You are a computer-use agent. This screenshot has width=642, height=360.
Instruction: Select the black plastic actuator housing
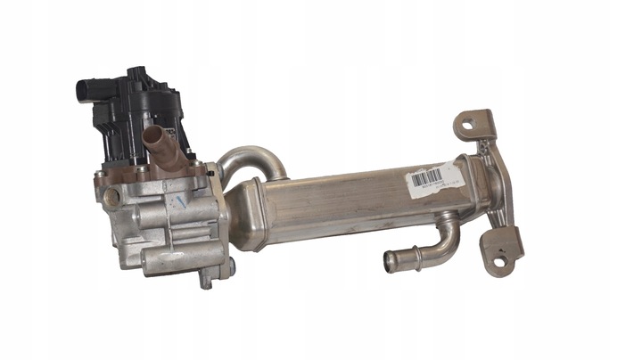tap(134, 111)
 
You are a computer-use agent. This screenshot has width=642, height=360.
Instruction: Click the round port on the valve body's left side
tap(112, 198)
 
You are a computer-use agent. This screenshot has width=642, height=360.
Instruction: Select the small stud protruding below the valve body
tap(206, 281)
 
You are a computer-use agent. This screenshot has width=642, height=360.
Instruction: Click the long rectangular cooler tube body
tap(357, 200)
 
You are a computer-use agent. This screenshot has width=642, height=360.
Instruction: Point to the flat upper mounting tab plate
tap(473, 129)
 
